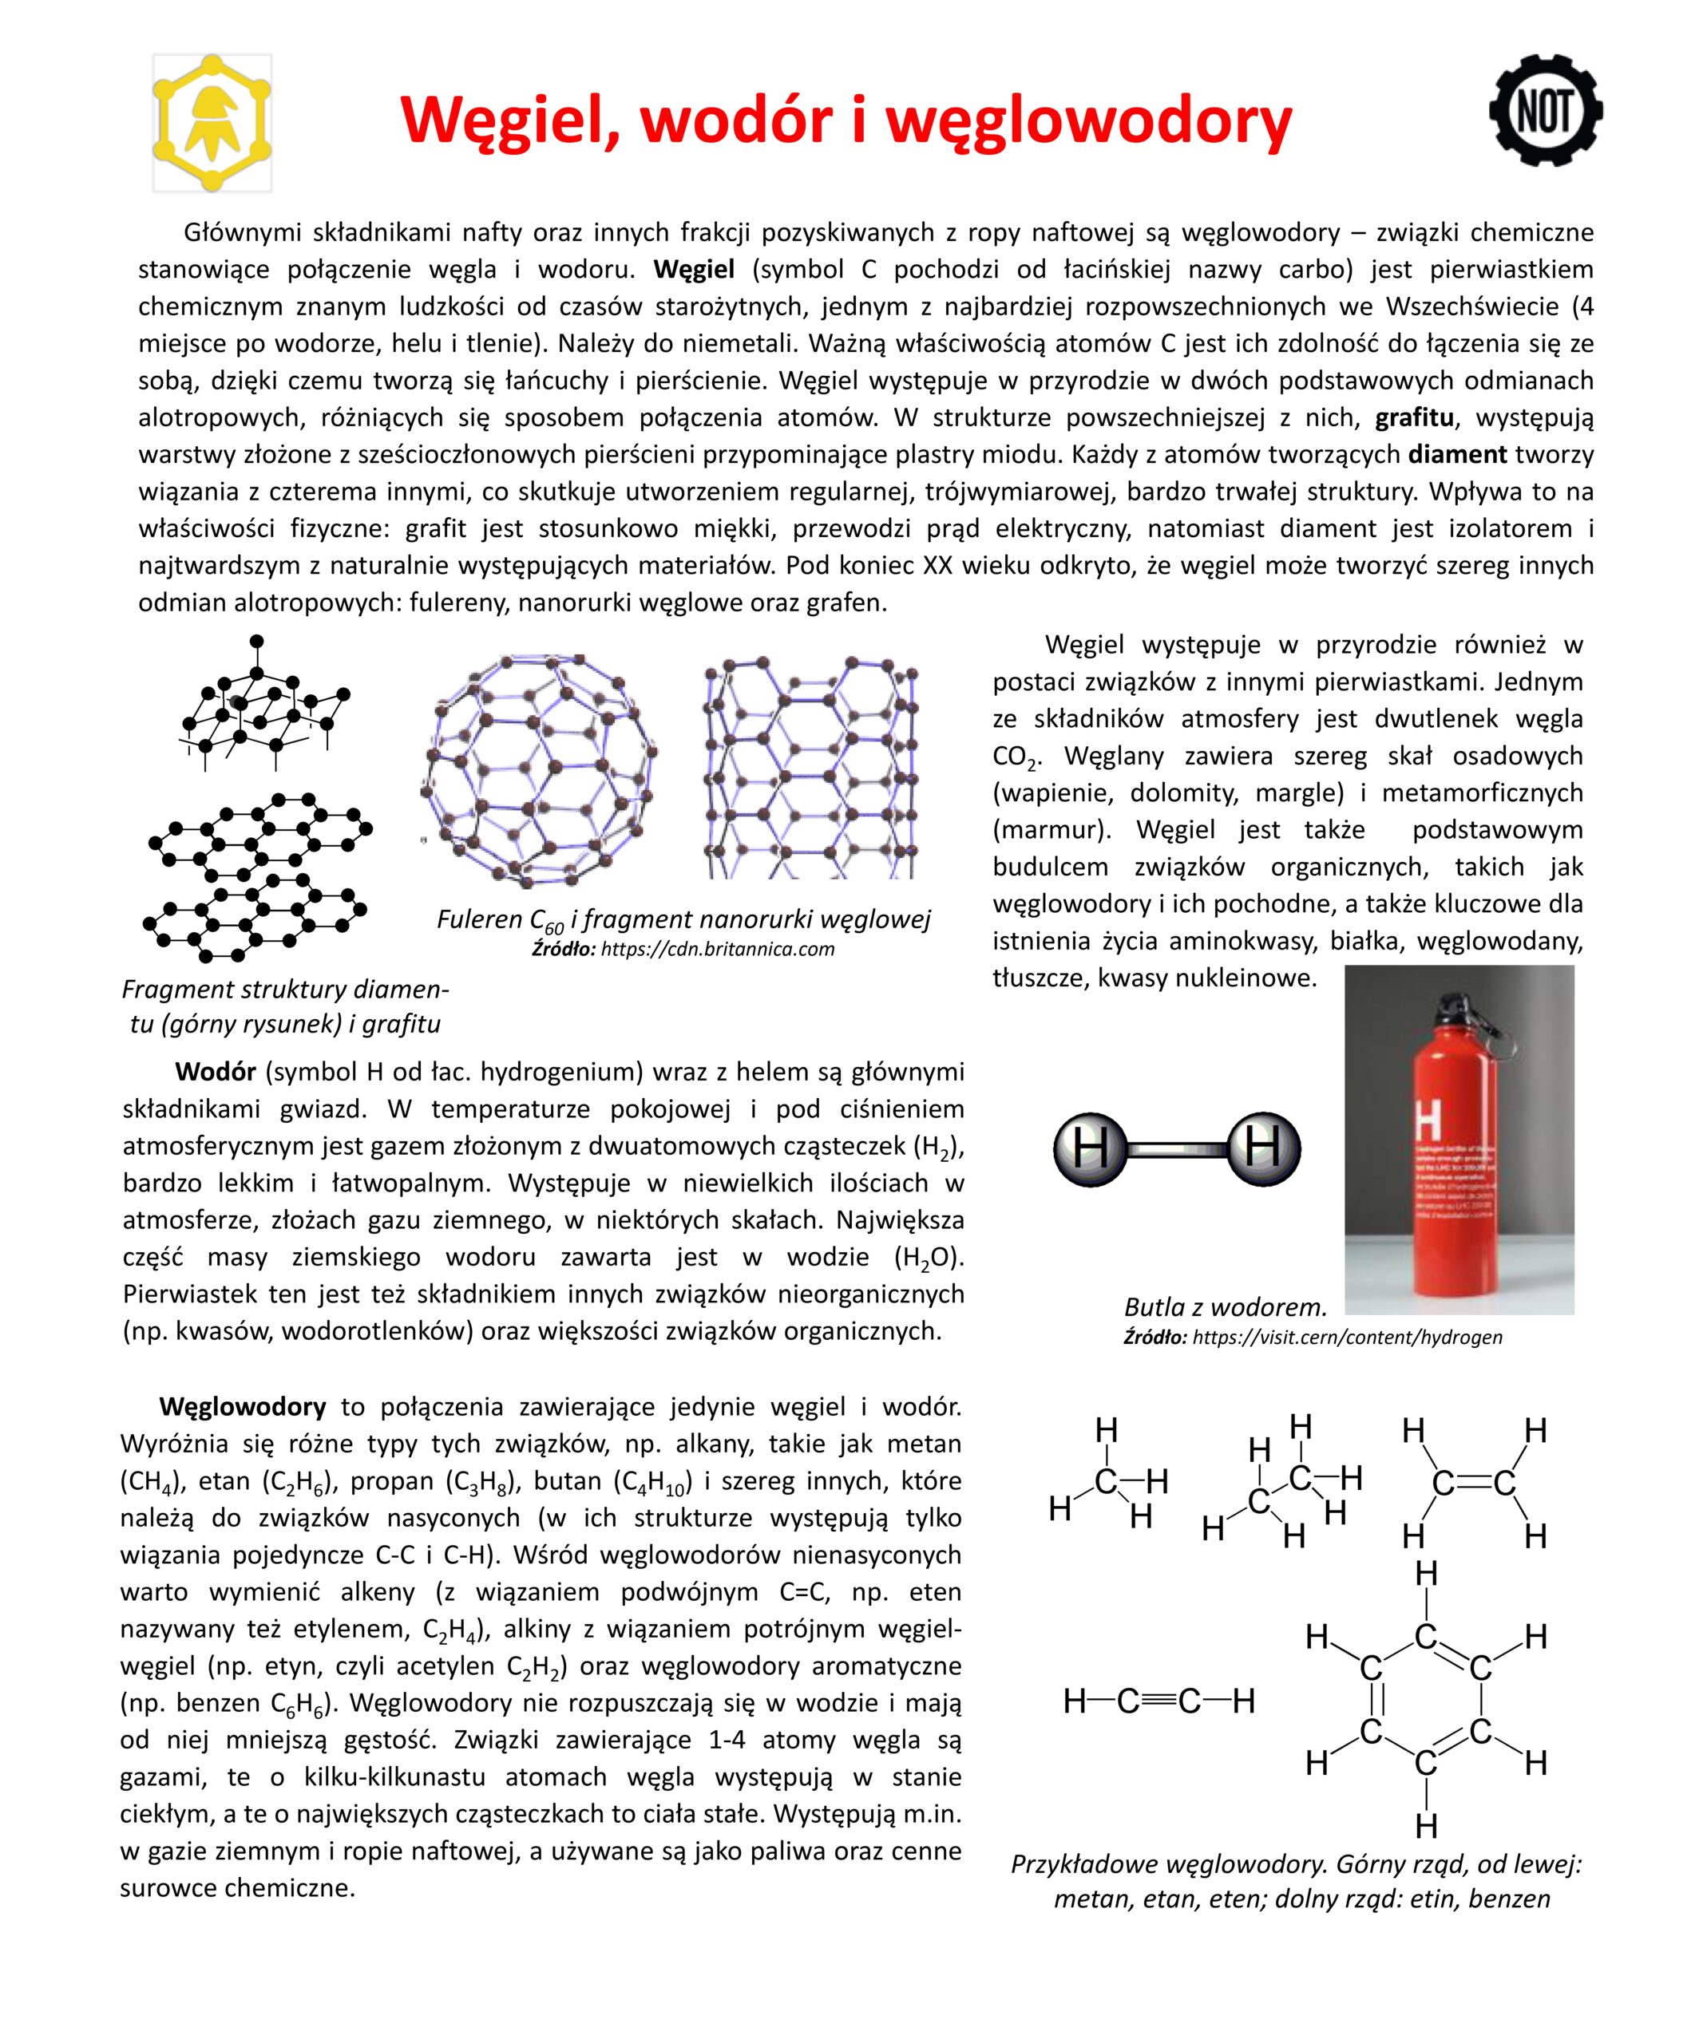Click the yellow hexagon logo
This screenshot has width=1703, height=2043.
(212, 124)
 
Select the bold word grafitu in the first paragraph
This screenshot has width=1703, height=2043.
(1414, 418)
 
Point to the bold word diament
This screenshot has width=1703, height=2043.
(1457, 454)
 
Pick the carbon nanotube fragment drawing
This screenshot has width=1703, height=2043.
(810, 769)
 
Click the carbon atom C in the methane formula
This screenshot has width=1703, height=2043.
(1106, 1480)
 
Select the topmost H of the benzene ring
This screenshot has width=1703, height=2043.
(1426, 1573)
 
